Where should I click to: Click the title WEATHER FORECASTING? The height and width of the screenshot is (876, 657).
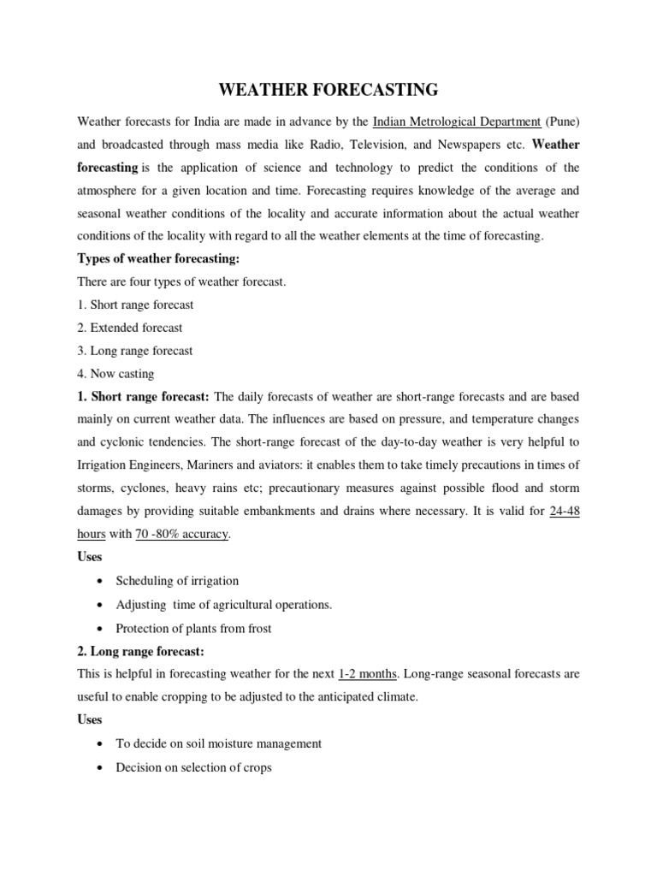[328, 90]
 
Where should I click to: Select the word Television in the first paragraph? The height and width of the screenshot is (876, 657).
[382, 144]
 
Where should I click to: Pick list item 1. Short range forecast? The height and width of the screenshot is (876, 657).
[135, 305]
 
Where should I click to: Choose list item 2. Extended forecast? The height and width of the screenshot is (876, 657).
[130, 328]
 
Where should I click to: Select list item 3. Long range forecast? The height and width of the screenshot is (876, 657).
[135, 351]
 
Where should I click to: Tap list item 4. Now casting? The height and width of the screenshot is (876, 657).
[116, 374]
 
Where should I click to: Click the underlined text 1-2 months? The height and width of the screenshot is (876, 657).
[368, 673]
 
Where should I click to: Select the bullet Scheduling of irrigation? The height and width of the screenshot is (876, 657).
[177, 581]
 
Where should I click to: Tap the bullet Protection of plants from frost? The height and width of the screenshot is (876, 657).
[193, 629]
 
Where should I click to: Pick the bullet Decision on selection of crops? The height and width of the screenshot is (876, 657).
[193, 767]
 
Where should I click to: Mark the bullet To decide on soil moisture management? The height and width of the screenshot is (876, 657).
[218, 743]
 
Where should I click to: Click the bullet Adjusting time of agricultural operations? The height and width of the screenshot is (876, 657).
[223, 605]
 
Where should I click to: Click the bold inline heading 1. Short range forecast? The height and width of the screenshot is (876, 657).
[144, 397]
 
